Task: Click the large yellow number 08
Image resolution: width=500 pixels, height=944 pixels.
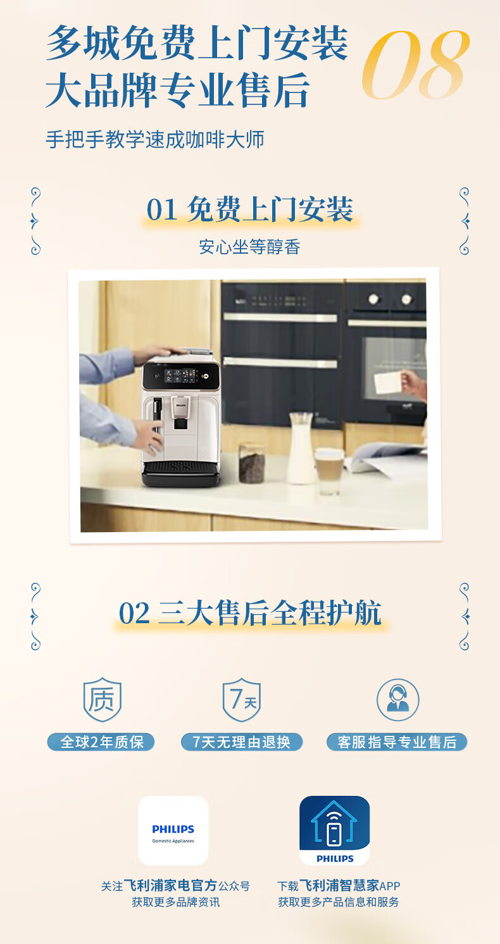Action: [416, 65]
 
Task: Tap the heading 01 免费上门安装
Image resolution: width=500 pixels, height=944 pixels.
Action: [249, 209]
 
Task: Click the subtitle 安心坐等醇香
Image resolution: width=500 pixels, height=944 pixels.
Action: [249, 247]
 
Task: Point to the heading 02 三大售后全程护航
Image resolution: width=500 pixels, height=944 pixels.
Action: [250, 612]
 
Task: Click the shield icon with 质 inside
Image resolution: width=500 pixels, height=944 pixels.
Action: [103, 700]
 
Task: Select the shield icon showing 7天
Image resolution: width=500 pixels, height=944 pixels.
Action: [242, 700]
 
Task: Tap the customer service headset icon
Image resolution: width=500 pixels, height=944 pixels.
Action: [397, 700]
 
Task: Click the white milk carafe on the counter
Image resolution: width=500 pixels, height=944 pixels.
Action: [301, 448]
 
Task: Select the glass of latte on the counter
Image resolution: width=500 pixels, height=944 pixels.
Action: [329, 471]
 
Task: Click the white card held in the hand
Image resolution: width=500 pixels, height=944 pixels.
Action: [387, 382]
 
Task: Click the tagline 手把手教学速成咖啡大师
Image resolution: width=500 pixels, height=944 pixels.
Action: [155, 139]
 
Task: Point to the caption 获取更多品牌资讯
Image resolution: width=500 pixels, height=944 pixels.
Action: [176, 902]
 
